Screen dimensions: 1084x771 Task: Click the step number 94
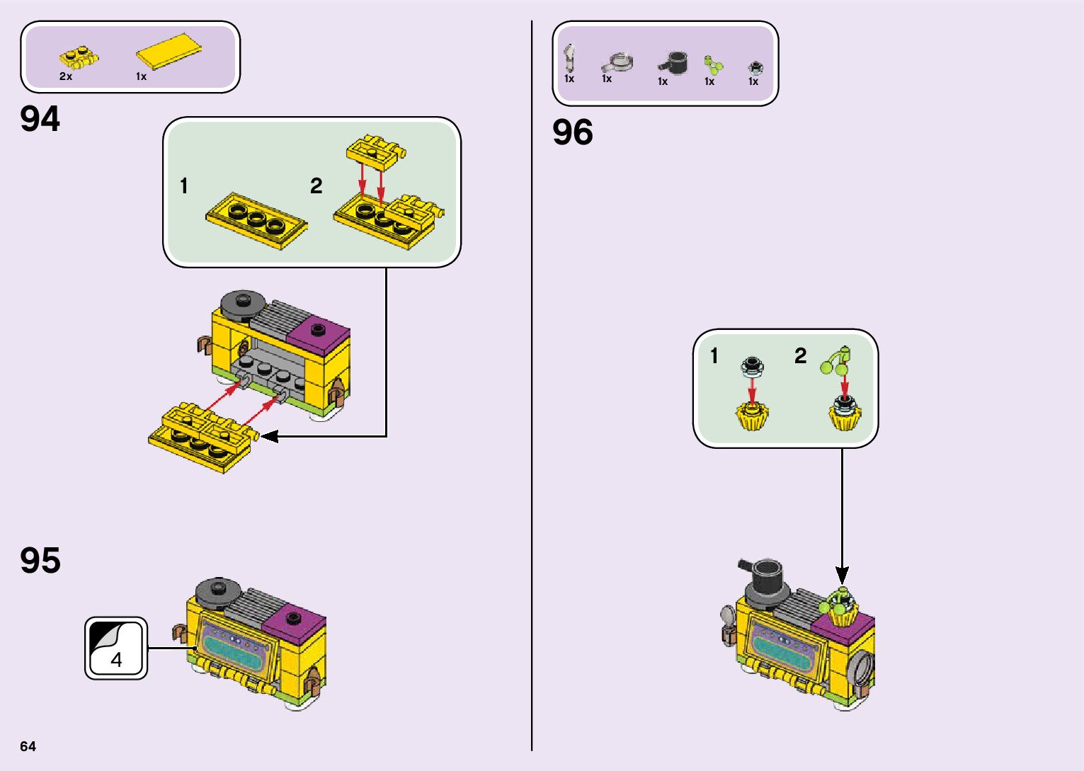[40, 119]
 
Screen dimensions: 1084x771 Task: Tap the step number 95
[40, 560]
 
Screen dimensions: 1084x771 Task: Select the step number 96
[572, 132]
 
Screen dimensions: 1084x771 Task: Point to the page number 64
[28, 746]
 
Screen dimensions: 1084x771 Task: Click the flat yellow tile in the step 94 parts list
[169, 51]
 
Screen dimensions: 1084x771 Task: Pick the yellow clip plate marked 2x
[79, 58]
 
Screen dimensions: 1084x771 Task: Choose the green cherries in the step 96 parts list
[712, 66]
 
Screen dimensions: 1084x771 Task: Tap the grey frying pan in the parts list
[618, 62]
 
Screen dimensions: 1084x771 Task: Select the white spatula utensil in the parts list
[570, 57]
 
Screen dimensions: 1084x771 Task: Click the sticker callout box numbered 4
[116, 648]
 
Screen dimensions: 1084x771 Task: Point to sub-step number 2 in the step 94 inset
[316, 186]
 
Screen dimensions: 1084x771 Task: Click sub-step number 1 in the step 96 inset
[714, 356]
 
